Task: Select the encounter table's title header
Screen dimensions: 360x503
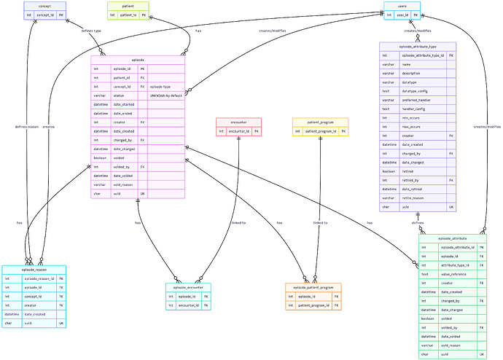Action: click(238, 122)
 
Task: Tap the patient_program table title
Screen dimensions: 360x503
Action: click(320, 122)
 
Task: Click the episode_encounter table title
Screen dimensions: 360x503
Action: click(190, 287)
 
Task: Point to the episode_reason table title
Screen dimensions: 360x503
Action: click(34, 270)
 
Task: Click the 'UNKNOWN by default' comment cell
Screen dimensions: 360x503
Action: click(165, 95)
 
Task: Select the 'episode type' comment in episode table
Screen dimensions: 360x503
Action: click(160, 87)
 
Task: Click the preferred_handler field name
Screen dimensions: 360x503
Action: click(416, 100)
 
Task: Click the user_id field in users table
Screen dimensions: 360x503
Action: click(402, 15)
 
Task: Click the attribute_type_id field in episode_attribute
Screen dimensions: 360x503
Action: click(457, 265)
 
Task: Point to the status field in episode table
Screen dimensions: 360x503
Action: click(119, 95)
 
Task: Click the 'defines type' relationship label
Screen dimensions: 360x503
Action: click(81, 32)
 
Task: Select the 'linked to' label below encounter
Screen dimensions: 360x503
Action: click(238, 222)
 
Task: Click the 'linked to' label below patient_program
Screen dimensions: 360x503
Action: click(320, 222)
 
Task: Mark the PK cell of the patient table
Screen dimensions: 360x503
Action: click(144, 15)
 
